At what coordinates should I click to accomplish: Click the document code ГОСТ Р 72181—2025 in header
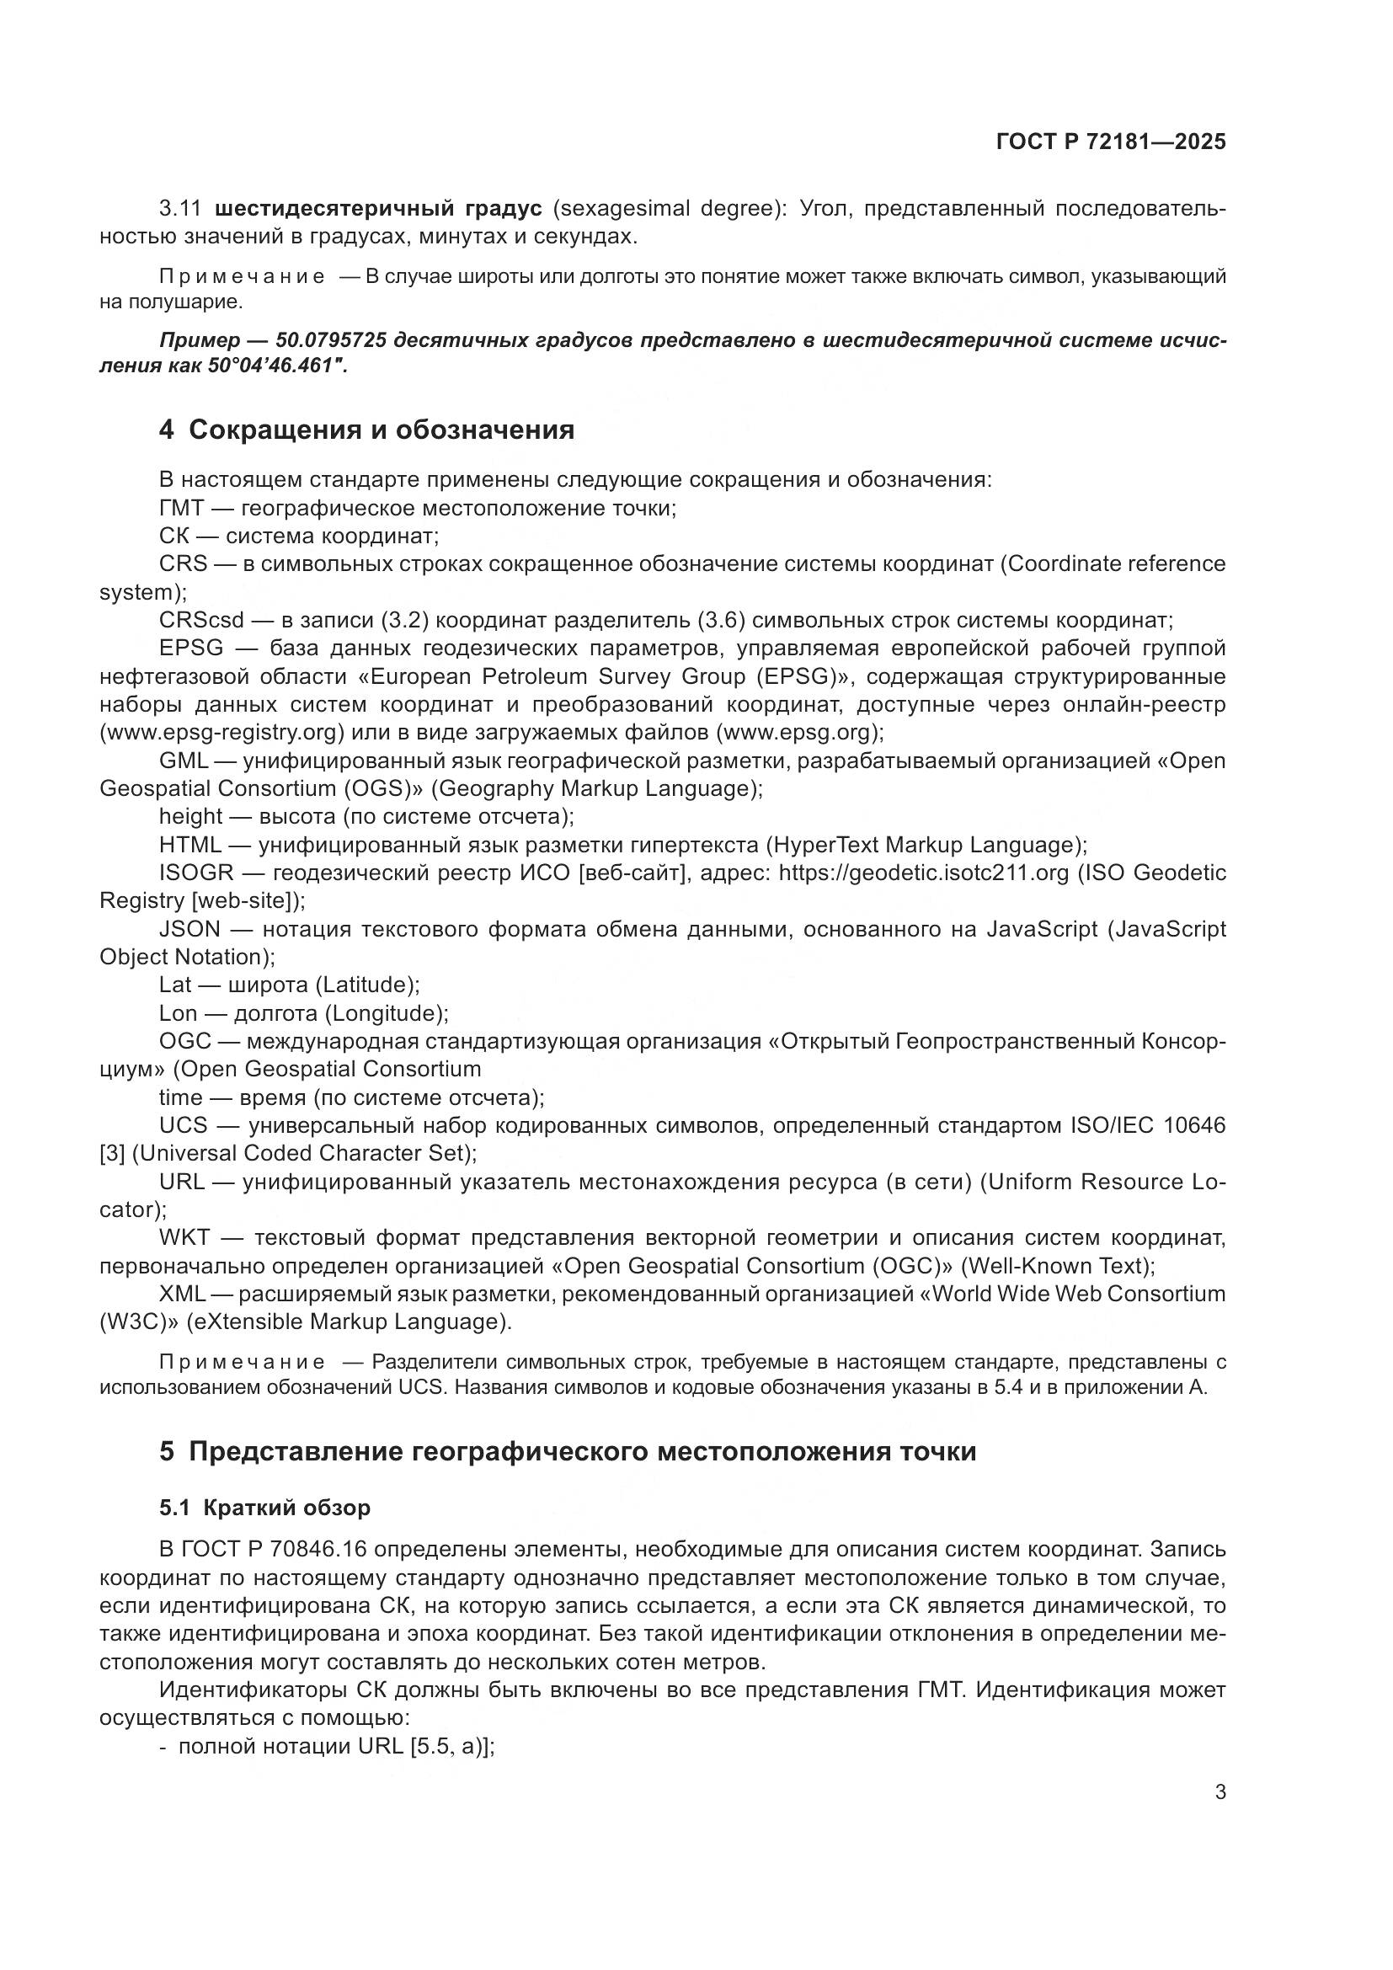(x=1111, y=141)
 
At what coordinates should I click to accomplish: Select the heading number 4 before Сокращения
(x=167, y=430)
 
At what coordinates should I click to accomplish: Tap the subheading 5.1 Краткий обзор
(x=265, y=1508)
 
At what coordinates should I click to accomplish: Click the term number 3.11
(x=180, y=209)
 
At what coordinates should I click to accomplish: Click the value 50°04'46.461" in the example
(x=276, y=366)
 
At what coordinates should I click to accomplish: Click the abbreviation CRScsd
(x=201, y=621)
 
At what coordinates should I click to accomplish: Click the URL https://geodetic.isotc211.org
(x=924, y=873)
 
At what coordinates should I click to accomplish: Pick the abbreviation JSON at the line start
(x=189, y=929)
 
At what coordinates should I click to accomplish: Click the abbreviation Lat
(x=175, y=985)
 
